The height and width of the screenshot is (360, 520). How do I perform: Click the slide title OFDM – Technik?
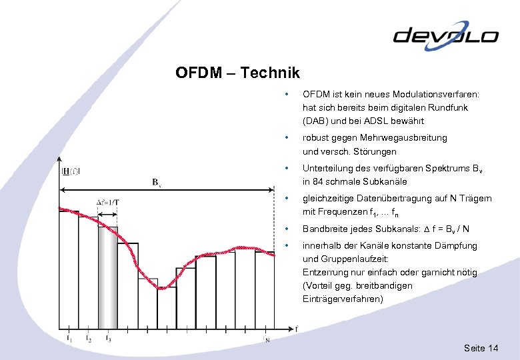237,73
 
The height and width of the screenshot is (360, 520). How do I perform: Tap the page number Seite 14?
481,349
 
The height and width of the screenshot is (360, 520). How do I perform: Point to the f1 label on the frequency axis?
69,337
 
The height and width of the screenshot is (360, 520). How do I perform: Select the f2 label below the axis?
89,338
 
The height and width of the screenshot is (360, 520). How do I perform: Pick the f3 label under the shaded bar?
108,338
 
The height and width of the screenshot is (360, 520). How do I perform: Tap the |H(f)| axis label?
71,171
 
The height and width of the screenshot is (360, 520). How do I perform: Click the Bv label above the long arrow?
155,181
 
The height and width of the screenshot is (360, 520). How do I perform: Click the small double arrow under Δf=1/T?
107,214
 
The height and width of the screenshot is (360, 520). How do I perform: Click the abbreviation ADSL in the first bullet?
373,121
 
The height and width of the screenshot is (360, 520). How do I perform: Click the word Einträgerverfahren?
343,299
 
